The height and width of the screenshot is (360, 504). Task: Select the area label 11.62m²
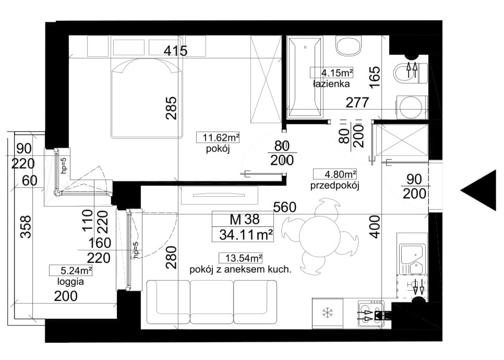click(218, 138)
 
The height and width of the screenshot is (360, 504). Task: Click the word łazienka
click(331, 84)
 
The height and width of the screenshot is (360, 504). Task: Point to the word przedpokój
click(334, 186)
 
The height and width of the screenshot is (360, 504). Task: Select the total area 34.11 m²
click(246, 235)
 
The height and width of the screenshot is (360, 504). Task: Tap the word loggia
click(70, 282)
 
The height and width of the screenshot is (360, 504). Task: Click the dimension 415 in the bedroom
click(175, 51)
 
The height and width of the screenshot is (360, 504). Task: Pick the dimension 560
click(285, 207)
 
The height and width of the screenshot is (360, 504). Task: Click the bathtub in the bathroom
click(305, 77)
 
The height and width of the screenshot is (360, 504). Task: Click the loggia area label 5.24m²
click(71, 271)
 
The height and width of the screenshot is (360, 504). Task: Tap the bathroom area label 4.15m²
click(332, 73)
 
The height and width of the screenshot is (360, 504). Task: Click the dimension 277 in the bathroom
click(357, 103)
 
